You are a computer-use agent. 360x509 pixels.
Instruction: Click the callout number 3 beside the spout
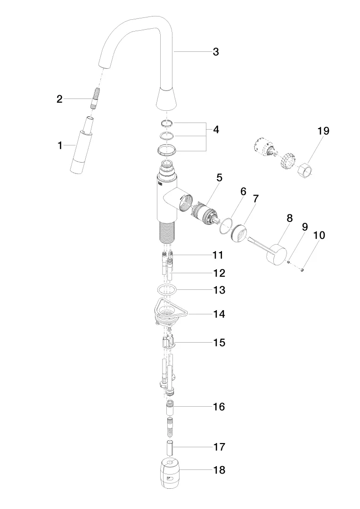pyautogui.click(x=216, y=52)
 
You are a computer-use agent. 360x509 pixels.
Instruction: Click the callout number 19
pyautogui.click(x=323, y=131)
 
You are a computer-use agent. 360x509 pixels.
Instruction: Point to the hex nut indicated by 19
pyautogui.click(x=305, y=170)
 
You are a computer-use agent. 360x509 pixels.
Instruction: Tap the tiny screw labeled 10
pyautogui.click(x=302, y=269)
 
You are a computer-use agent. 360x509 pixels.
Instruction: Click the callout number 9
pyautogui.click(x=304, y=227)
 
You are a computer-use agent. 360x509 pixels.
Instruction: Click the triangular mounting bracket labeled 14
pyautogui.click(x=169, y=311)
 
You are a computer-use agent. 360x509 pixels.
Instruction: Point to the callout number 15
pyautogui.click(x=220, y=343)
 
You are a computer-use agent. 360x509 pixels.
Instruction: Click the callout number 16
pyautogui.click(x=219, y=407)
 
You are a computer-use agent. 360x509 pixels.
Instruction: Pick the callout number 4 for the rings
pyautogui.click(x=216, y=130)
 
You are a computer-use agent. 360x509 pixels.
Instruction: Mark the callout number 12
pyautogui.click(x=219, y=273)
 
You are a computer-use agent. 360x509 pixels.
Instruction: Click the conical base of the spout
pyautogui.click(x=166, y=98)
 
